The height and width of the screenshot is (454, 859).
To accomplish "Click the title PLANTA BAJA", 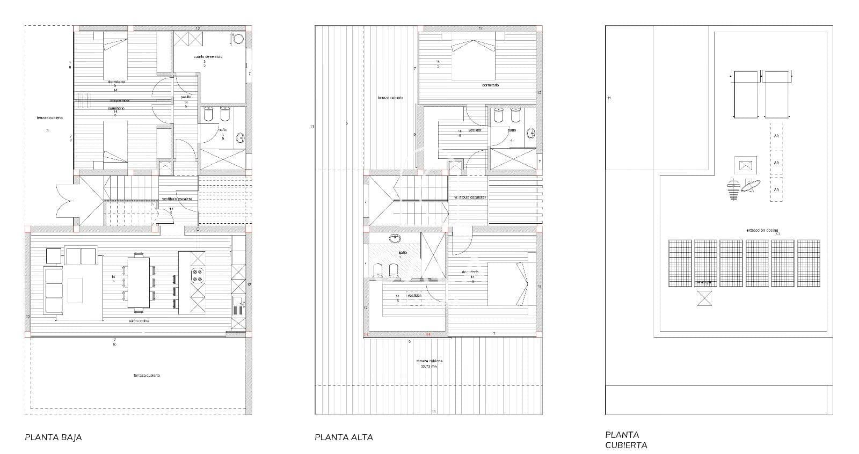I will click(53, 437).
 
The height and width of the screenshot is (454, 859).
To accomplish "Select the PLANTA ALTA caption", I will click(344, 437).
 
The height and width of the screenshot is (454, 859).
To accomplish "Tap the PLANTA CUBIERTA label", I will click(626, 440).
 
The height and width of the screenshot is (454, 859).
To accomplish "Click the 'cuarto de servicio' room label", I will click(208, 56).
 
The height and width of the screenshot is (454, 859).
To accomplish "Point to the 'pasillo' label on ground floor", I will click(186, 97).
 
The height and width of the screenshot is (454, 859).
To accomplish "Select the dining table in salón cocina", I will click(139, 282).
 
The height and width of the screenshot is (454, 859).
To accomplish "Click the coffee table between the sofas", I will click(75, 290).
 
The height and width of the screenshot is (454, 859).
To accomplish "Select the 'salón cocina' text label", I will click(139, 321).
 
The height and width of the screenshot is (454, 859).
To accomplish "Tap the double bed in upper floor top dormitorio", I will click(472, 59).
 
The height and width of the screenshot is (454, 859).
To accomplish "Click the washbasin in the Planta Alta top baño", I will click(530, 133).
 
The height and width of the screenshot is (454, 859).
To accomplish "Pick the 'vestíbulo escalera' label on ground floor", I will click(177, 199).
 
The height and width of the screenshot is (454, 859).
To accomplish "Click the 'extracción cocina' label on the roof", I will click(762, 230).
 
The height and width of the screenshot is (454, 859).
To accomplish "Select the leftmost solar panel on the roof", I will click(680, 263).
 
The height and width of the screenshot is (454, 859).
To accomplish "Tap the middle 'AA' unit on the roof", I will click(776, 163).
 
